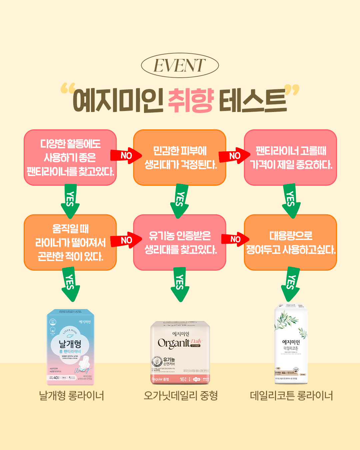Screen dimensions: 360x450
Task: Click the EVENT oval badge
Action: click(180, 65)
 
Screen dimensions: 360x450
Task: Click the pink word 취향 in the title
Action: click(191, 100)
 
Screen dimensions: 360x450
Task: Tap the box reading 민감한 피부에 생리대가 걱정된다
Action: click(180, 157)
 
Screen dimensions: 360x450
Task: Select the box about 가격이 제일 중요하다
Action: click(290, 157)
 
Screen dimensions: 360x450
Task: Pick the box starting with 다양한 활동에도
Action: click(70, 157)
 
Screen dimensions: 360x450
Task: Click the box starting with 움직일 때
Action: click(70, 242)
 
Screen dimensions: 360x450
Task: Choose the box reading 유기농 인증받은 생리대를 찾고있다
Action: click(180, 242)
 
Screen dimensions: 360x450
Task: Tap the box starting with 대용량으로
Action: click(290, 242)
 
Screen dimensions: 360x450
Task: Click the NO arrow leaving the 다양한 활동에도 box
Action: click(126, 156)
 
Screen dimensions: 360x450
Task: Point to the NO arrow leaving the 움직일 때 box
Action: click(126, 240)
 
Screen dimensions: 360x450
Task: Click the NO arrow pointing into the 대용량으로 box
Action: click(235, 239)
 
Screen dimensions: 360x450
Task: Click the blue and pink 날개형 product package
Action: click(70, 347)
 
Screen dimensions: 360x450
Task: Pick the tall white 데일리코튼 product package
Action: click(291, 343)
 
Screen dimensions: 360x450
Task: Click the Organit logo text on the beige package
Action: click(174, 343)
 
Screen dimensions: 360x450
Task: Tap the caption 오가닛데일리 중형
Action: click(181, 396)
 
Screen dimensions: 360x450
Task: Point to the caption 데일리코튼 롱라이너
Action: click(291, 396)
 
